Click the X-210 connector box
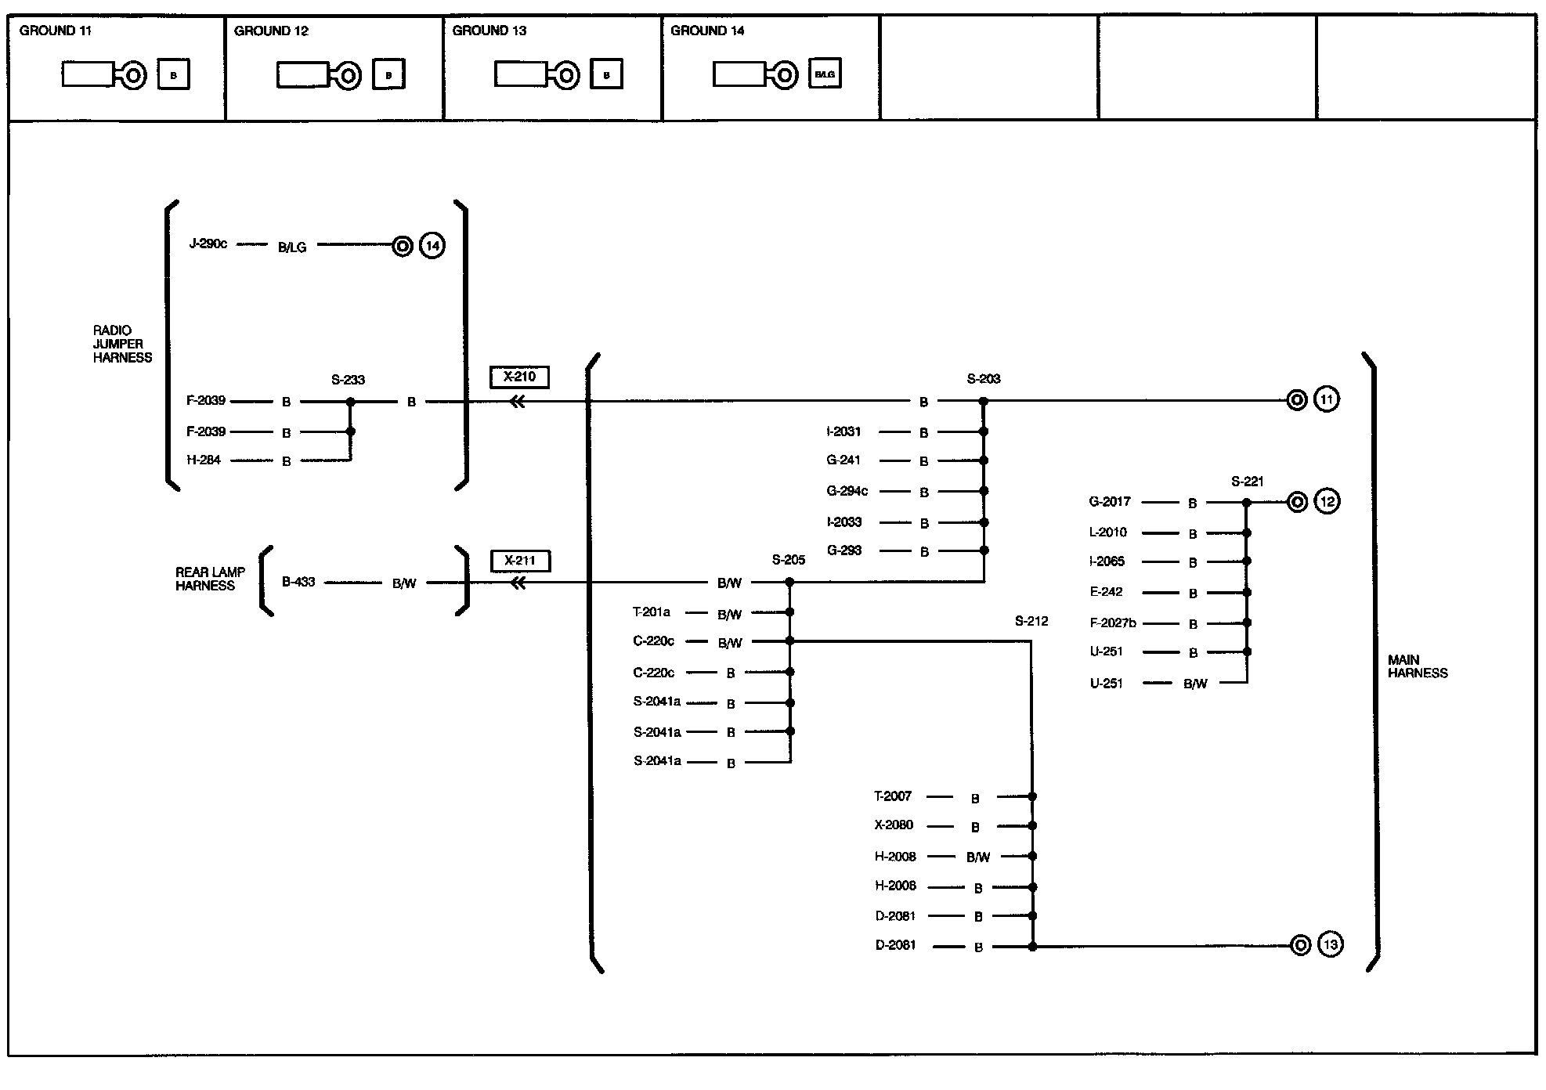coord(519,377)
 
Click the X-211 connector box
coord(520,561)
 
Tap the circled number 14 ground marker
coord(432,247)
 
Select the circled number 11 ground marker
coord(1326,400)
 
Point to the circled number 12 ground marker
coord(1327,501)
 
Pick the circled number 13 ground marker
coord(1330,945)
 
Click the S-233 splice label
coord(348,381)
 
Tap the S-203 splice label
coord(984,379)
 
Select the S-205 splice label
coord(789,560)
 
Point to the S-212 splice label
coord(1031,621)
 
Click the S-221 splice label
coord(1247,482)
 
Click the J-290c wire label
coord(208,244)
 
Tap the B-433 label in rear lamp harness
coord(298,582)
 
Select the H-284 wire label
coord(204,460)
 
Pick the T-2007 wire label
coord(893,796)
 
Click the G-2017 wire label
coord(1110,501)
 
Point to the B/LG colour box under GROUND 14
coord(825,74)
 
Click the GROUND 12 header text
coord(271,31)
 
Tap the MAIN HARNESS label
coord(1418,666)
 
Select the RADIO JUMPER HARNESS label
coord(122,344)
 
